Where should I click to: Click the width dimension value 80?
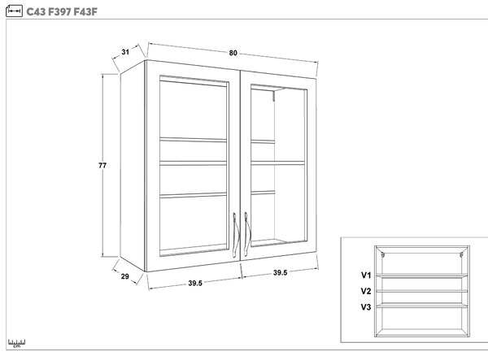coord(233,53)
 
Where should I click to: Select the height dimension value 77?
coord(102,166)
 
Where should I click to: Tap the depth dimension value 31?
coord(125,52)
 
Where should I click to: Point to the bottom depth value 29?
coord(124,276)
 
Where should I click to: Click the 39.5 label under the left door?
coord(195,284)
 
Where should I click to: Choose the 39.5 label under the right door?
coord(280,273)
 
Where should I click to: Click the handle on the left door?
coord(235,236)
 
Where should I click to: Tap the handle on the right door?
coord(246,234)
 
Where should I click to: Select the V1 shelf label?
coord(366,275)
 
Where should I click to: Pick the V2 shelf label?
coord(366,291)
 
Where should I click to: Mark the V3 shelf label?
coord(366,307)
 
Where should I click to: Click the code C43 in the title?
coord(36,12)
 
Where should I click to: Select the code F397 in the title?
coord(59,12)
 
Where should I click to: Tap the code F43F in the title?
coord(85,12)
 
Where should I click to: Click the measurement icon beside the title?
coord(14,11)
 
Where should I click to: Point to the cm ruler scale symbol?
coord(17,343)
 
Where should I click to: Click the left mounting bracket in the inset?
coord(383,255)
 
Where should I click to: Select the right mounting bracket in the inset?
coord(461,255)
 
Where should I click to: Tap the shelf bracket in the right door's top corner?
coord(273,96)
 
